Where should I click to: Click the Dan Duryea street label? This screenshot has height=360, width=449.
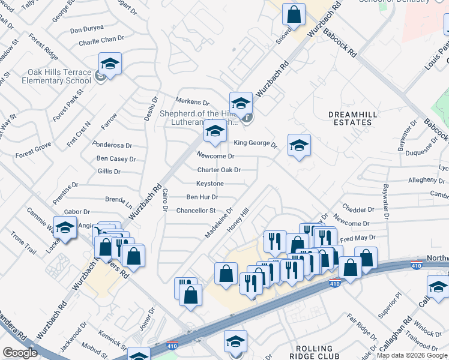(x=87, y=29)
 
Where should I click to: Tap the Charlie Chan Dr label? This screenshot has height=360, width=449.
(x=101, y=43)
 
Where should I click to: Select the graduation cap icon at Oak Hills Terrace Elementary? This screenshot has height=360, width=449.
(x=110, y=64)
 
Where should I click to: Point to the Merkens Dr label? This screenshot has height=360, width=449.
(x=192, y=103)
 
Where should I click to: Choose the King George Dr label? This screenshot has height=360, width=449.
(x=255, y=143)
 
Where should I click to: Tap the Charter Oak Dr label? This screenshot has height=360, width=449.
(x=219, y=170)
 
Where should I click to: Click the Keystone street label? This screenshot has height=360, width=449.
(x=210, y=184)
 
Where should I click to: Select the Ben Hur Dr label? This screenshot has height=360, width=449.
(x=202, y=197)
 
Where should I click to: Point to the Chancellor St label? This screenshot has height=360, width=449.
(x=196, y=211)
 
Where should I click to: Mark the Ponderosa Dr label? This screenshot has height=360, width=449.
(x=111, y=145)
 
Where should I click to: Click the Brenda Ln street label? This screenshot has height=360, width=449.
(x=118, y=199)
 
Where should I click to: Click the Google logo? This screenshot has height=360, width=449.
(x=20, y=353)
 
